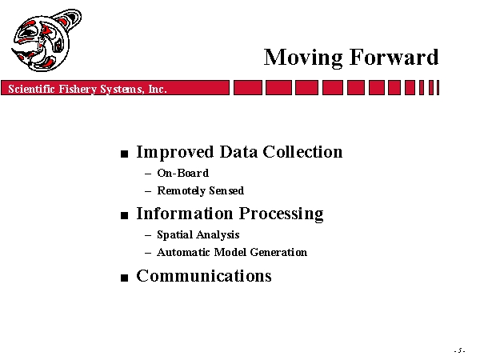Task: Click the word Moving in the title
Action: click(x=303, y=58)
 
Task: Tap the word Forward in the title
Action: click(x=394, y=57)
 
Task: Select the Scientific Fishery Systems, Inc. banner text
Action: click(x=87, y=89)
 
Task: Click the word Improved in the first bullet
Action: click(x=174, y=152)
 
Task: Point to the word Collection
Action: click(x=302, y=151)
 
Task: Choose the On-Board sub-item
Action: click(x=182, y=173)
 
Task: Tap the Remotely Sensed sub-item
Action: click(x=201, y=190)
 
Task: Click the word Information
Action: click(x=185, y=213)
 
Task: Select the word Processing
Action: click(x=281, y=214)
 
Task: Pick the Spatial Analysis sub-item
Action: click(x=198, y=234)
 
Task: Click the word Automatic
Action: click(x=183, y=252)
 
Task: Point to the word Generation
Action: click(x=278, y=252)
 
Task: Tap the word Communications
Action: click(x=204, y=275)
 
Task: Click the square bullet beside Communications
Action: click(x=124, y=278)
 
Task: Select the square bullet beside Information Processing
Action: click(x=124, y=215)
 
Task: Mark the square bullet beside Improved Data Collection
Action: click(x=124, y=154)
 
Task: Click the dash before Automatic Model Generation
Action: click(x=148, y=253)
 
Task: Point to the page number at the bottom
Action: click(x=460, y=350)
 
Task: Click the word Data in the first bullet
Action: click(x=238, y=151)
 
